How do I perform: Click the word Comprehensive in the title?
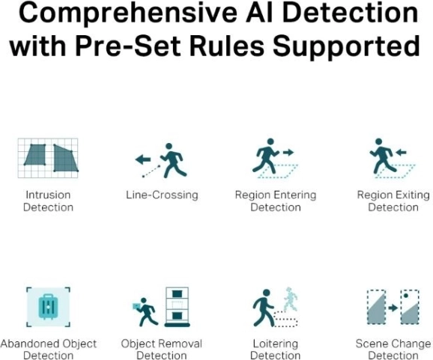[x=127, y=13]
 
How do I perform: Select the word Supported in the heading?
[x=346, y=47]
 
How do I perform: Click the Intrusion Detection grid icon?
[x=48, y=158]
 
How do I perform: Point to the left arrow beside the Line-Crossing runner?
[x=143, y=159]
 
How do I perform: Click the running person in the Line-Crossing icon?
[x=173, y=161]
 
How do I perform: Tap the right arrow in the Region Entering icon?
[x=288, y=152]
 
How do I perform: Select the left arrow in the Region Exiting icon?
[x=401, y=152]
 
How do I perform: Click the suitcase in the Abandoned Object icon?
[x=49, y=306]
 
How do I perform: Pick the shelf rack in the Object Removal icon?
[x=178, y=307]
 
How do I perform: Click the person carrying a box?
[x=145, y=311]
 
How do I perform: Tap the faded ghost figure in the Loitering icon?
[x=291, y=299]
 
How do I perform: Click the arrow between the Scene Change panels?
[x=393, y=308]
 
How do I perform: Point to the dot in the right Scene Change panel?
[x=406, y=296]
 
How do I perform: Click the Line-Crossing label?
[x=162, y=195]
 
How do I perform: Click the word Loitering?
[x=276, y=344]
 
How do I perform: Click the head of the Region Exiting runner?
[x=379, y=141]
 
